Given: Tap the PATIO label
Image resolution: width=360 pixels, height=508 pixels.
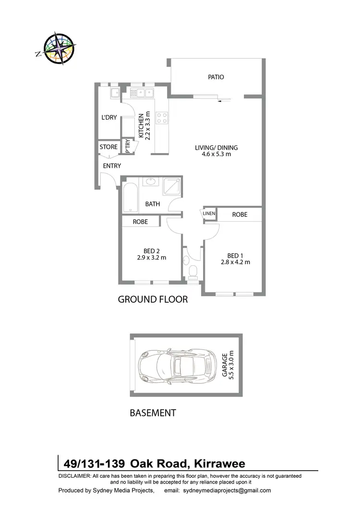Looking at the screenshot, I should coord(216,77).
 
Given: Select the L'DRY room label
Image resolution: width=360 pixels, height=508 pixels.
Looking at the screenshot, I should coord(109,118).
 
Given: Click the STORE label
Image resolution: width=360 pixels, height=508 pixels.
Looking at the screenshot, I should coord(108,147).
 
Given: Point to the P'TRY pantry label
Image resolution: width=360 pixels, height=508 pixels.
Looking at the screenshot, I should coord(128,146).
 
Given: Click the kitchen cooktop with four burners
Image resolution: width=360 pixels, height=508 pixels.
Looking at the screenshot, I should coord(161,118).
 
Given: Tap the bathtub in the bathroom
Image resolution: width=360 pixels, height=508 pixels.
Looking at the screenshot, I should coord(130,196).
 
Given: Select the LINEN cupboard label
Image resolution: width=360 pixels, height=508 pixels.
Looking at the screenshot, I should coord(209,214).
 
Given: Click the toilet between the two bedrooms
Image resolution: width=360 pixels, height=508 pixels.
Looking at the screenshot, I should coord(193,272).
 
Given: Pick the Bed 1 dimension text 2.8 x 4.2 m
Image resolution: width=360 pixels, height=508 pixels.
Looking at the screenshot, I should coord(235,262).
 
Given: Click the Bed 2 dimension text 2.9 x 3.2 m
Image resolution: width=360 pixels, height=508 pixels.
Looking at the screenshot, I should coord(151,257).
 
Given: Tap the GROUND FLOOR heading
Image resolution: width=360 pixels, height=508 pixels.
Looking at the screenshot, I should coord(153,300).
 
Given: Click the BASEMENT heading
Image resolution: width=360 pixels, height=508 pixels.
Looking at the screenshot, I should coord(153,413).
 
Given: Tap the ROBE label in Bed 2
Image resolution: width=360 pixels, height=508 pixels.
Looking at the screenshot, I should coord(140,222).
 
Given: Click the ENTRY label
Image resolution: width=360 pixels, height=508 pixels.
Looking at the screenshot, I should coord(112,166).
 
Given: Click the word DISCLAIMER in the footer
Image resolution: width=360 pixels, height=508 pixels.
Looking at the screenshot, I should coord(74,475).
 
